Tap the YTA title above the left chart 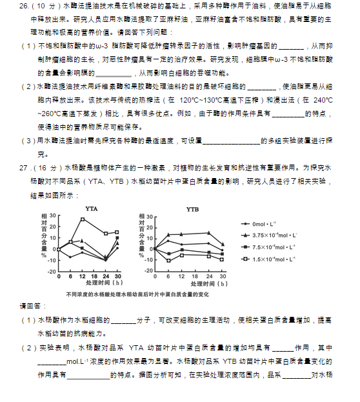coord(92,209)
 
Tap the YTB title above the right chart coord(192,209)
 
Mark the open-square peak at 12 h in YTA coord(83,219)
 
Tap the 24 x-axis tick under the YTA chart coord(106,276)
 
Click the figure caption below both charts coord(137,294)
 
